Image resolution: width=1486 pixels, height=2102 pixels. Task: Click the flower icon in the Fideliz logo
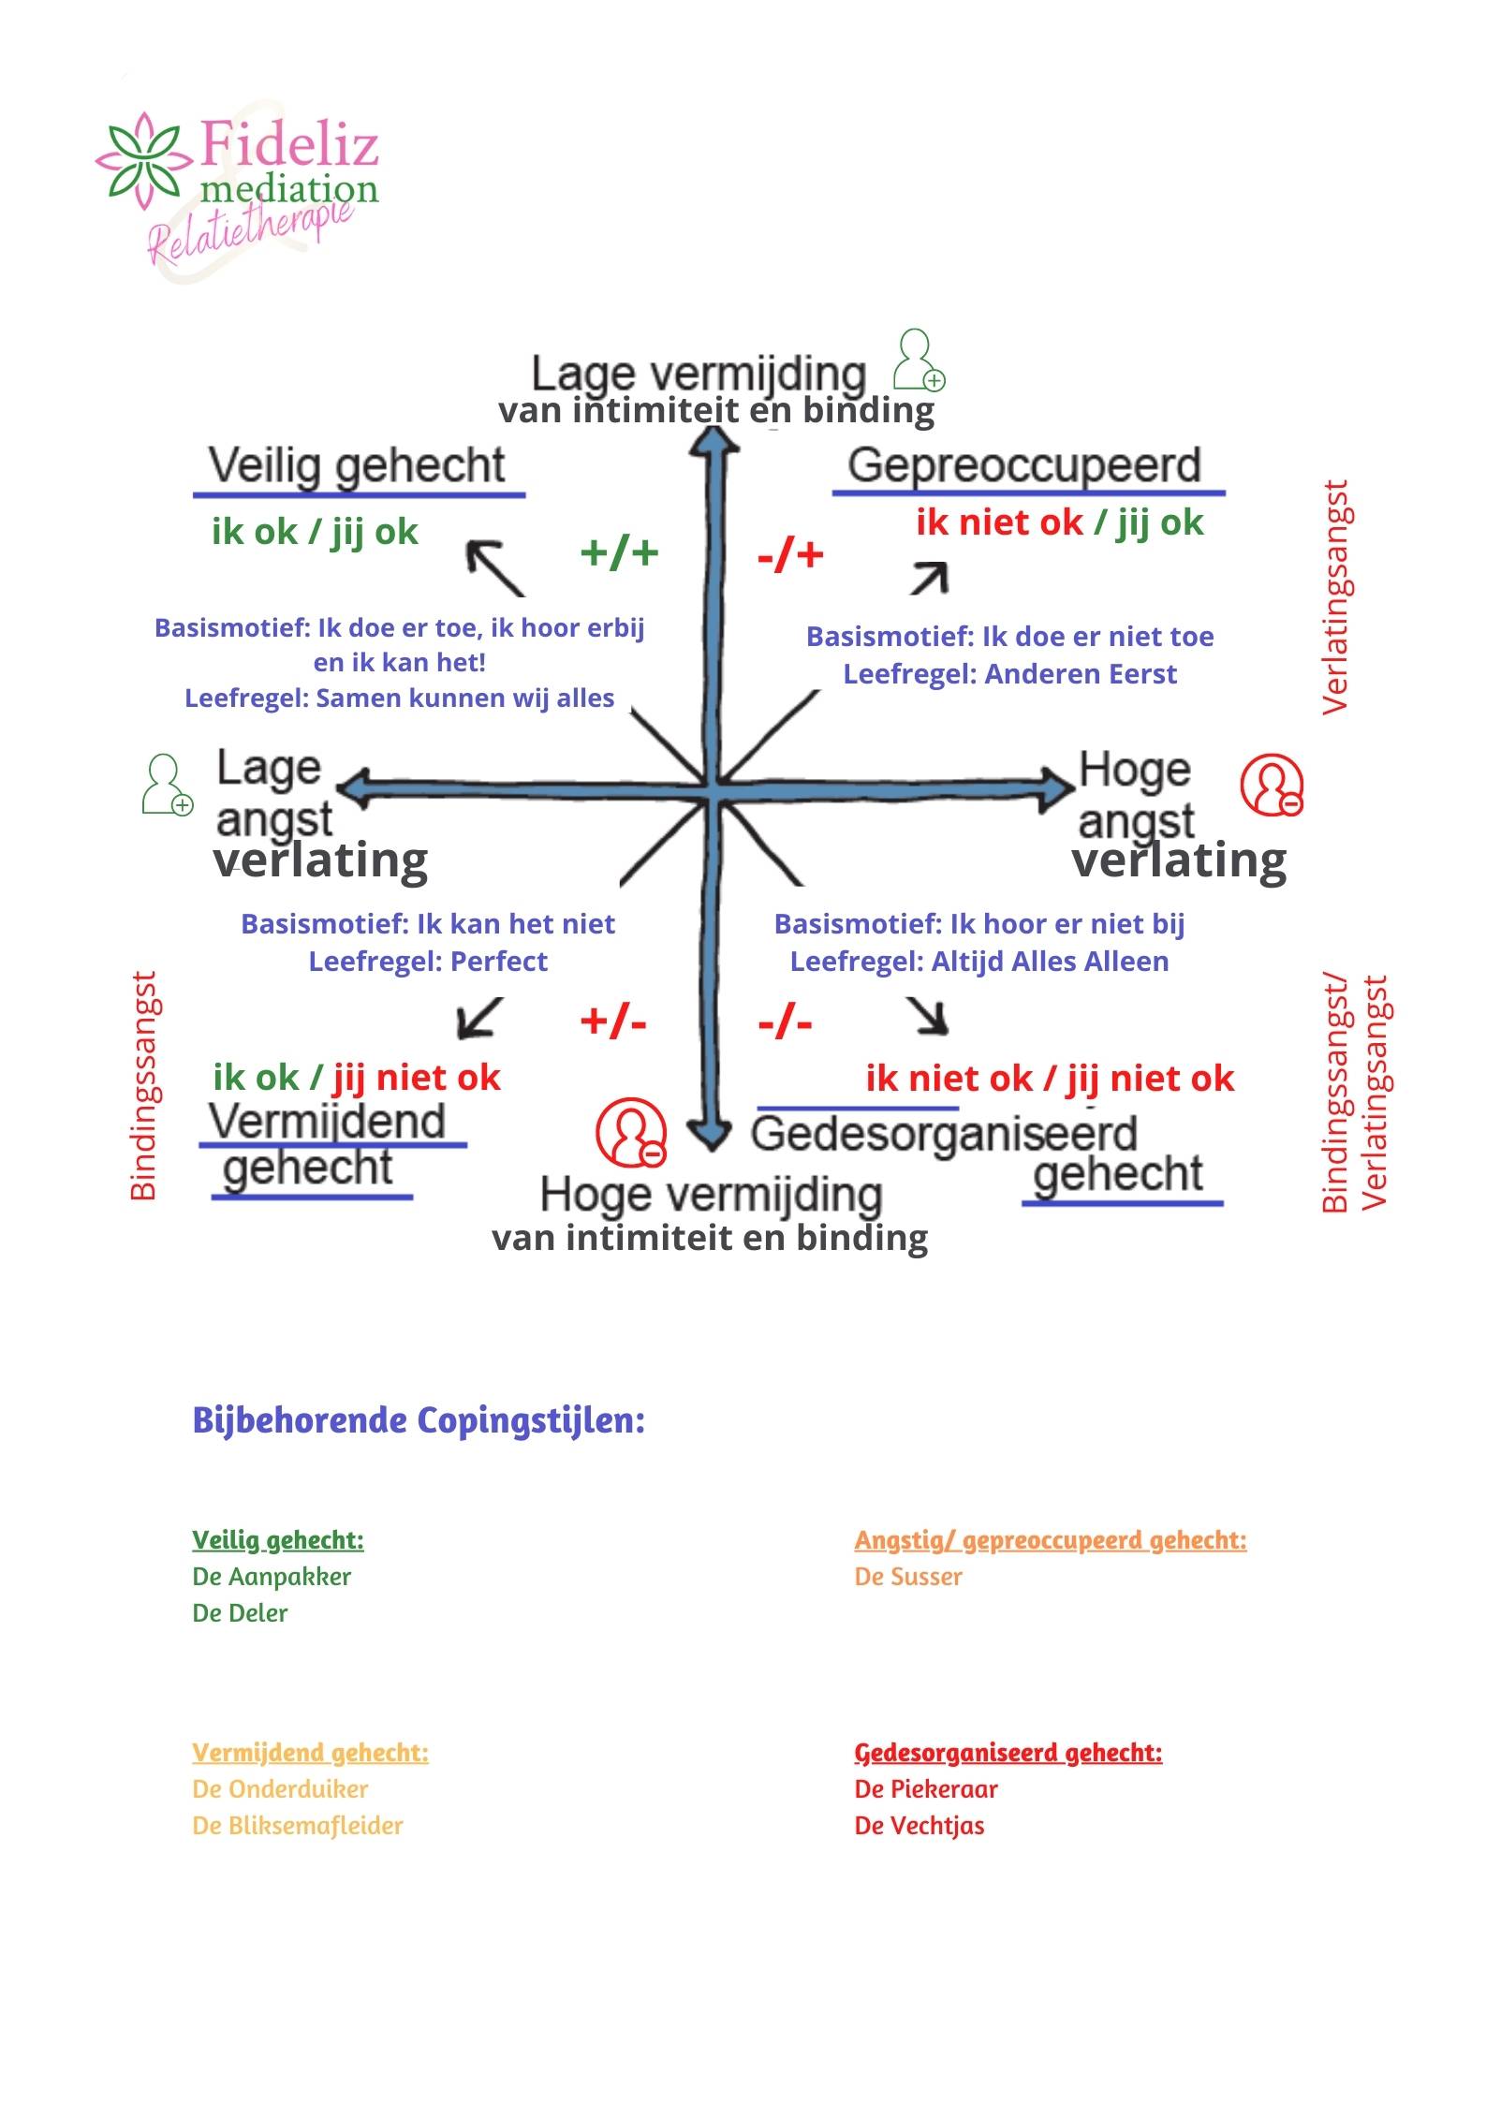click(142, 160)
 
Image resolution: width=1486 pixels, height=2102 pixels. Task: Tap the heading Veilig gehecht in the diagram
click(356, 465)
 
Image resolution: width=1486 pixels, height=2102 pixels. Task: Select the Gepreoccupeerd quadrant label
click(1023, 465)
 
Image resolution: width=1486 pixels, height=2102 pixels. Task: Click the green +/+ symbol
click(619, 552)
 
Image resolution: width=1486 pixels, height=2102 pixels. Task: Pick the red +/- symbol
click(613, 1021)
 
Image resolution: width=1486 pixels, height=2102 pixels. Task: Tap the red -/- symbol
click(785, 1022)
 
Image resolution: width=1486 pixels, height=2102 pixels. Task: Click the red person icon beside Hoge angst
click(1272, 785)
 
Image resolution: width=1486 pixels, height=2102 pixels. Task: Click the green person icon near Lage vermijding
click(918, 360)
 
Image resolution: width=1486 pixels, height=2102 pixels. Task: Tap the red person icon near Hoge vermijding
click(631, 1132)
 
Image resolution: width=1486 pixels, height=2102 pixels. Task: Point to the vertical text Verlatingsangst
click(1334, 597)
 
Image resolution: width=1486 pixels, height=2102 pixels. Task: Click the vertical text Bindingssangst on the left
click(143, 1086)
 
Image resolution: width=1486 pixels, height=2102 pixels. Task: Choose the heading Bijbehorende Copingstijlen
click(419, 1419)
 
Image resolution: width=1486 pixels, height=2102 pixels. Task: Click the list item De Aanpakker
click(272, 1577)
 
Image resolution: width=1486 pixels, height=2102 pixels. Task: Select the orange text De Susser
click(908, 1577)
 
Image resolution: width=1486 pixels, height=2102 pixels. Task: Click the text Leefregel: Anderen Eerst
click(1009, 674)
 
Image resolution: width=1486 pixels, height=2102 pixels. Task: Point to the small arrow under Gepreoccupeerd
click(929, 579)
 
